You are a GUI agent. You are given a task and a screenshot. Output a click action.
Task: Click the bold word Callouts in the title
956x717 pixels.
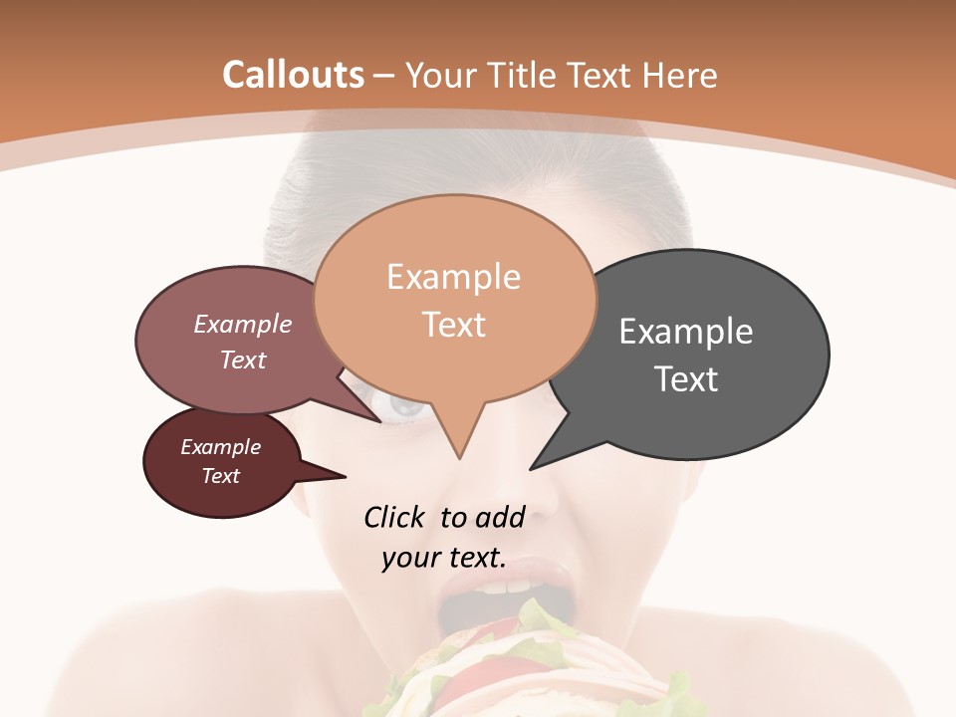(x=293, y=75)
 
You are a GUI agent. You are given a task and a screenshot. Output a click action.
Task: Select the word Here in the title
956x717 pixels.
(x=680, y=75)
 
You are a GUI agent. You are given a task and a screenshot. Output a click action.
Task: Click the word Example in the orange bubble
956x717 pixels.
(x=453, y=277)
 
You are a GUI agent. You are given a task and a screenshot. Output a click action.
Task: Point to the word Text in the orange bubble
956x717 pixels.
(x=453, y=325)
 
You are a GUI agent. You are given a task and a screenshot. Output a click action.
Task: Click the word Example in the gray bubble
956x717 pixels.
(x=685, y=332)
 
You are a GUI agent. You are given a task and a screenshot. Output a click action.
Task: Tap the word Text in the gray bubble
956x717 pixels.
(x=687, y=379)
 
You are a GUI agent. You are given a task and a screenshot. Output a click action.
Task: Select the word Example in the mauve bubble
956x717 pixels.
(x=242, y=325)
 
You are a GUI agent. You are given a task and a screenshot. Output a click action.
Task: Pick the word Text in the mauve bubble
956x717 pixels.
(x=242, y=359)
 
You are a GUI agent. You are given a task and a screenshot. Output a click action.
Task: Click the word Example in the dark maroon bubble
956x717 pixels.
(x=220, y=447)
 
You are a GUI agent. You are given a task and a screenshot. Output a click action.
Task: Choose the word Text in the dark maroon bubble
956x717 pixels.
(x=220, y=476)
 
